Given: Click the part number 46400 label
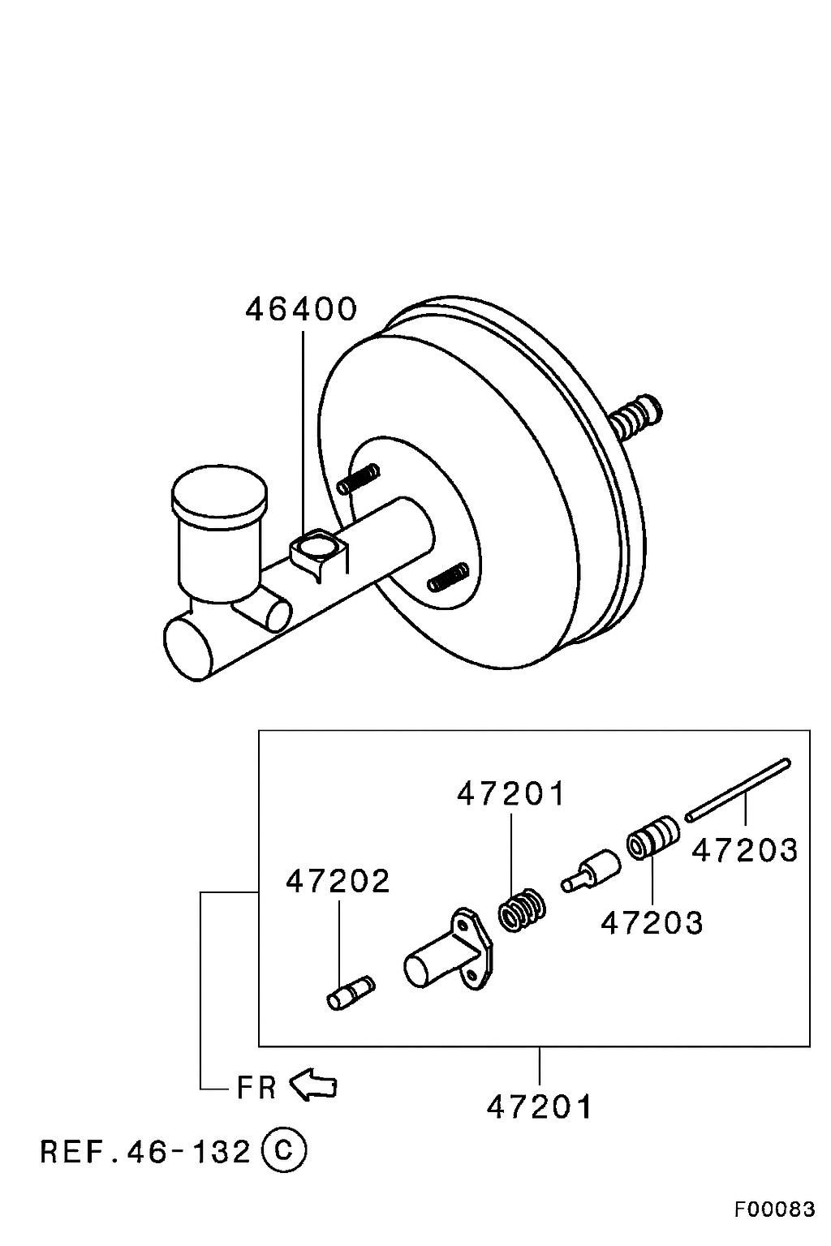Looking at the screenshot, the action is tap(300, 309).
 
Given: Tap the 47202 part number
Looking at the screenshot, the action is tap(338, 881).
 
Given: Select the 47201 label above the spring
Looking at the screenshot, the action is tap(510, 793).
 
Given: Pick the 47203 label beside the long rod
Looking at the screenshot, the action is tap(745, 850).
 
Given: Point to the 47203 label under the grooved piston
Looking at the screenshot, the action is tap(652, 922).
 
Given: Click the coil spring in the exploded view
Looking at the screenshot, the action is tap(522, 910).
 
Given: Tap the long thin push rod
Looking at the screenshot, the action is tap(738, 790).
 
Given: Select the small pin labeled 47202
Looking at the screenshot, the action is tap(351, 993).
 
